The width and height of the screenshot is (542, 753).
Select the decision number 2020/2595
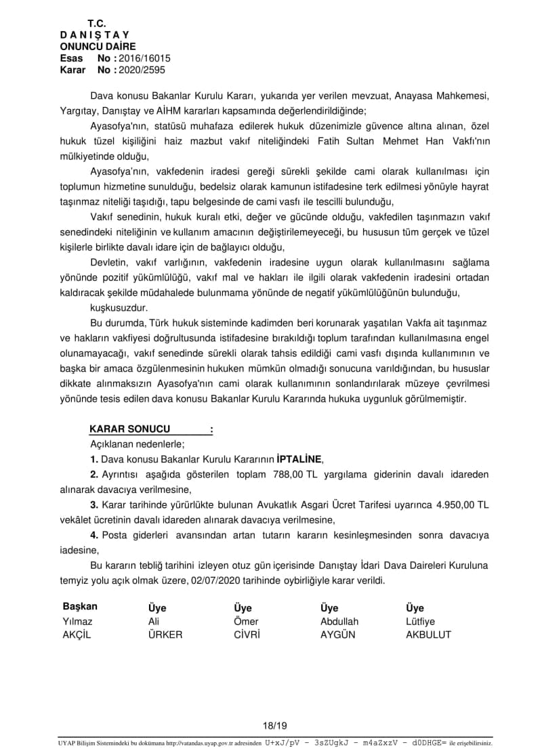[x=142, y=69]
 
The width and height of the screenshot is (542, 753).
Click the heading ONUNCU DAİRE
[x=98, y=47]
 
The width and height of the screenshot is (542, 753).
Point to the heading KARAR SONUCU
[x=130, y=429]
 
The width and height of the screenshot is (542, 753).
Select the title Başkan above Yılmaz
[x=80, y=607]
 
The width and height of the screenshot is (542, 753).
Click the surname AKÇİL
[x=77, y=635]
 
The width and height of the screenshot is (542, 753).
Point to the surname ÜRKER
[x=165, y=635]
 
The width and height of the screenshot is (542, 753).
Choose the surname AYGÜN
[x=338, y=635]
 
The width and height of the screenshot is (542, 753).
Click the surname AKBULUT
[x=428, y=635]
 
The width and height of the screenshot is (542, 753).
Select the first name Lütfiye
[x=420, y=622]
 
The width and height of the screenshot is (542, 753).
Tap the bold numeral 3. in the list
[x=94, y=505]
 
